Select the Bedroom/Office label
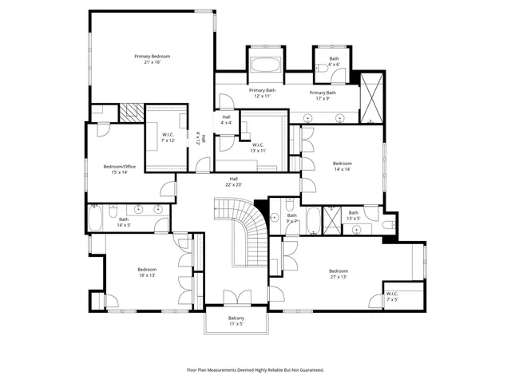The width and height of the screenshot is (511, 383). click(x=119, y=169)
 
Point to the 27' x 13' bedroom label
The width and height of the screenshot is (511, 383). click(x=339, y=274)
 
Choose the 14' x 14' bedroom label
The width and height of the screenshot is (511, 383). click(x=342, y=165)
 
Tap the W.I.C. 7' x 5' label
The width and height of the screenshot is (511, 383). click(x=392, y=296)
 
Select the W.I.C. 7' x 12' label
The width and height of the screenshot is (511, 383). click(x=168, y=136)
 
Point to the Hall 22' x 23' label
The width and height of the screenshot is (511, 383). click(x=233, y=181)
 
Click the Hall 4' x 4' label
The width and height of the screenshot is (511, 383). click(x=227, y=120)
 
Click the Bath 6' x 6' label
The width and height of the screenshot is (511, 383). click(x=333, y=61)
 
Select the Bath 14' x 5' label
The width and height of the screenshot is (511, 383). click(x=124, y=223)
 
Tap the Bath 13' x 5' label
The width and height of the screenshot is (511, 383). click(x=353, y=216)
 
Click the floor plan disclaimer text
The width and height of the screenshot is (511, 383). click(x=255, y=369)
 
